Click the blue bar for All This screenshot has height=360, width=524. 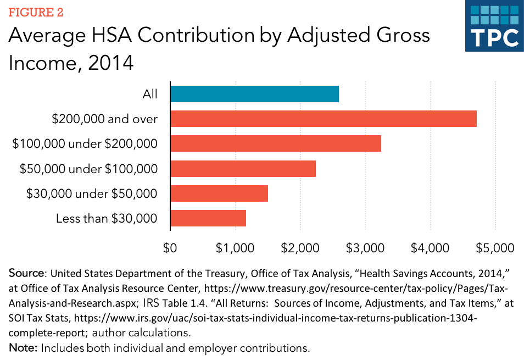(254, 94)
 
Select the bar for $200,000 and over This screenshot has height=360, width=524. (324, 119)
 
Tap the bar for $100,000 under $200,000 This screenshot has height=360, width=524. (276, 143)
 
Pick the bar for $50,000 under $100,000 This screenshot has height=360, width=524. (243, 169)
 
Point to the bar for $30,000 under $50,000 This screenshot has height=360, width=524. (219, 193)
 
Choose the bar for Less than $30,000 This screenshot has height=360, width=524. (208, 218)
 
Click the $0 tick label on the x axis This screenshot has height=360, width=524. (170, 248)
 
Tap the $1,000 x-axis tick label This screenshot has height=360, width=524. (235, 248)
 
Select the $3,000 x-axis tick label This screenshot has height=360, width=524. (365, 248)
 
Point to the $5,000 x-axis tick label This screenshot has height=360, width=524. (495, 248)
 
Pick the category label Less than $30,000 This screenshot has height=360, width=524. (107, 219)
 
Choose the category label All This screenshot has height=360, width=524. (150, 95)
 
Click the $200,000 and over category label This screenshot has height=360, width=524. (105, 119)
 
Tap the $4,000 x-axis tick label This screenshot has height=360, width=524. (430, 248)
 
